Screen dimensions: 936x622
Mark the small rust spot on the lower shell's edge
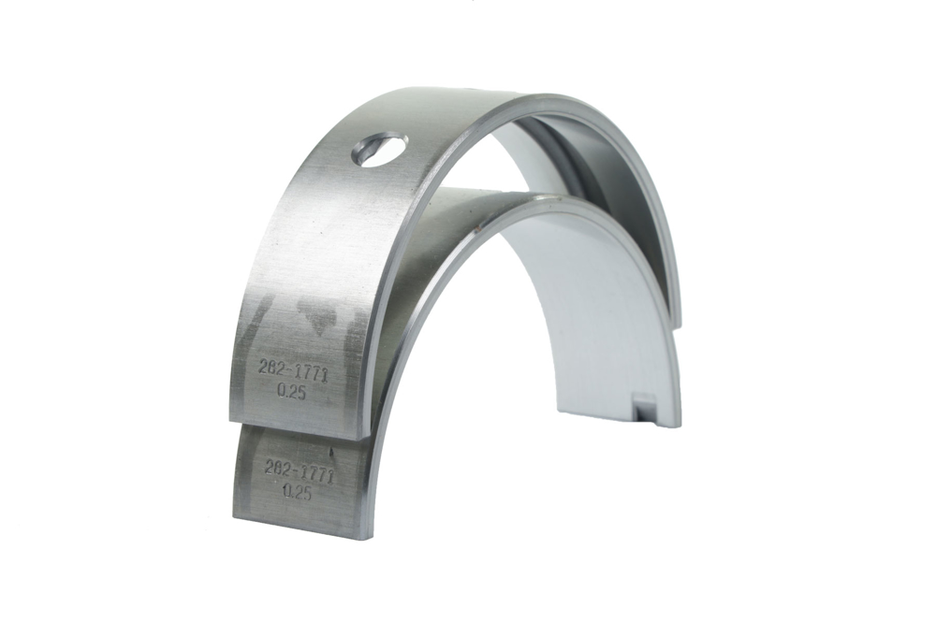point(476,227)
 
